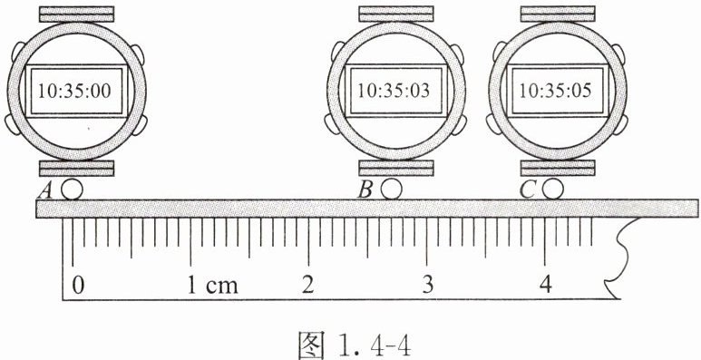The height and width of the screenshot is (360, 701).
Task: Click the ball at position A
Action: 72,190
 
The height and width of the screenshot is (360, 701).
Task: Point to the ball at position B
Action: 392,190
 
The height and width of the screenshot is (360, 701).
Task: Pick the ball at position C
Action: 553,190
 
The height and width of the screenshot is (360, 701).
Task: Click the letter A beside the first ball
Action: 45,191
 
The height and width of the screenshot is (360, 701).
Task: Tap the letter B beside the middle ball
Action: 365,191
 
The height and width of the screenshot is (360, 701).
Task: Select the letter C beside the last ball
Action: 528,191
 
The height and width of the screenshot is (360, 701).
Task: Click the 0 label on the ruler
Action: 78,286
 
